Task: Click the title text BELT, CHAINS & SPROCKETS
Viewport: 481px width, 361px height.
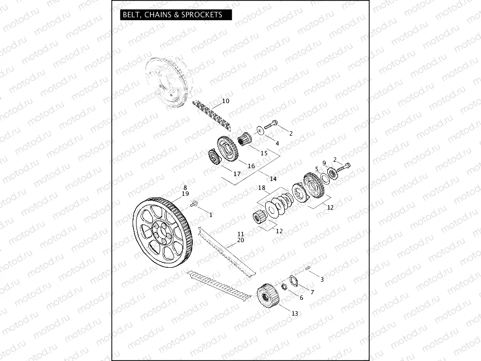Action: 172,15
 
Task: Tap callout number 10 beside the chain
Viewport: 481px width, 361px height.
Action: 226,101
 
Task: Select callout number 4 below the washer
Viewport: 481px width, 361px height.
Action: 277,143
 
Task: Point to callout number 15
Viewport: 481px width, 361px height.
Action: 264,153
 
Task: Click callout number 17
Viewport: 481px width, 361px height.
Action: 237,174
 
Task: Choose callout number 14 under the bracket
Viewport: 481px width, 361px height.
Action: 273,179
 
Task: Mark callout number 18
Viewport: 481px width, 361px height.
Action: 262,188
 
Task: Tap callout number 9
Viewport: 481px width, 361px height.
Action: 324,163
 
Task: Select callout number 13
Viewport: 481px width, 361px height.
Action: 295,313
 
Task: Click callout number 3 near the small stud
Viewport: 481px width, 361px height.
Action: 322,280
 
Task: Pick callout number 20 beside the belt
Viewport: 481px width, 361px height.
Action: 240,240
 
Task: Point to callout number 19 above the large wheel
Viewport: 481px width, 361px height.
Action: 185,194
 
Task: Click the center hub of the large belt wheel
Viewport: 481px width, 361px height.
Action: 159,230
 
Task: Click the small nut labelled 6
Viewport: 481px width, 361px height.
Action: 284,287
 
